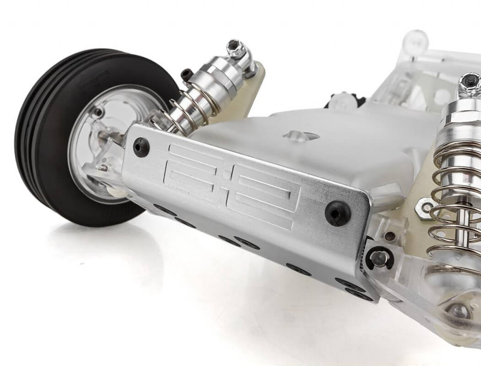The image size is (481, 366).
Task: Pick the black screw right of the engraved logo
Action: (338, 213)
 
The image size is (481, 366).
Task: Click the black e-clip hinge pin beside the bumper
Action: (379, 259)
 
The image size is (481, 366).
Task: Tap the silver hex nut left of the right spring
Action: (425, 208)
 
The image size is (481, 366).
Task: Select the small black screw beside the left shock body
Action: (187, 74)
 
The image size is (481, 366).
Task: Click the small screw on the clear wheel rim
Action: (98, 111)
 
